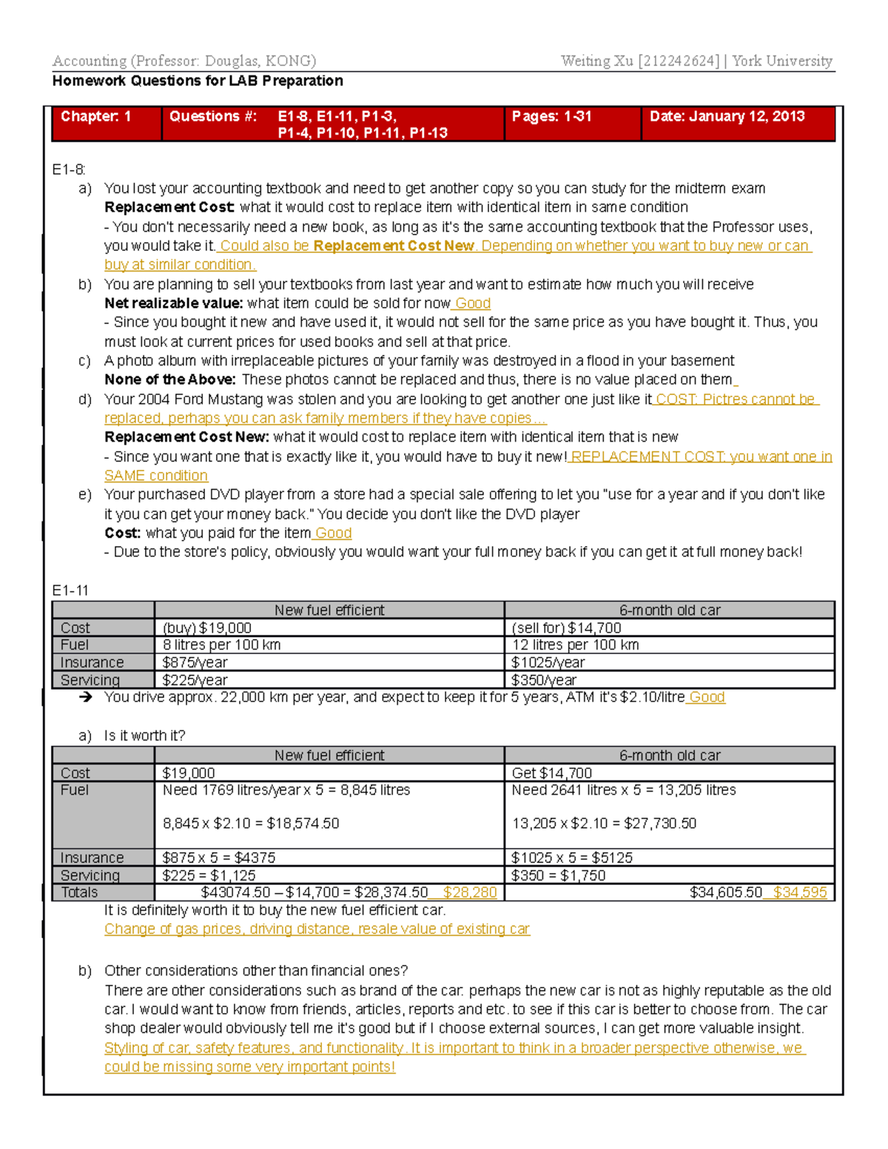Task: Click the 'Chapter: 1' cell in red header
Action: point(95,116)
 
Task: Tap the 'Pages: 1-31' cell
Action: point(551,116)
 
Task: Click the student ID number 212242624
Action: point(678,61)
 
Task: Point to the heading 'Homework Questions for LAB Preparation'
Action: point(198,81)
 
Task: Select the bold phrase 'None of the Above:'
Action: point(169,380)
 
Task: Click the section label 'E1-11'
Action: point(70,590)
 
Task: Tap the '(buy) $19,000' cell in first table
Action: point(207,628)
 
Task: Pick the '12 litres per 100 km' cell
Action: point(575,645)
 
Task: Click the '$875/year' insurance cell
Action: point(195,663)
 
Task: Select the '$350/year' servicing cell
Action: point(544,680)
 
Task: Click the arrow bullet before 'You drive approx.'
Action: point(86,697)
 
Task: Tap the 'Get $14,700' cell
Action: point(551,773)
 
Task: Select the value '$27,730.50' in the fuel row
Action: point(659,823)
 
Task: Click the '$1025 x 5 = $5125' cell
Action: point(571,858)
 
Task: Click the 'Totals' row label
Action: point(79,892)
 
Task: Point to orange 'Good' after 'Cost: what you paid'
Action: point(333,533)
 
